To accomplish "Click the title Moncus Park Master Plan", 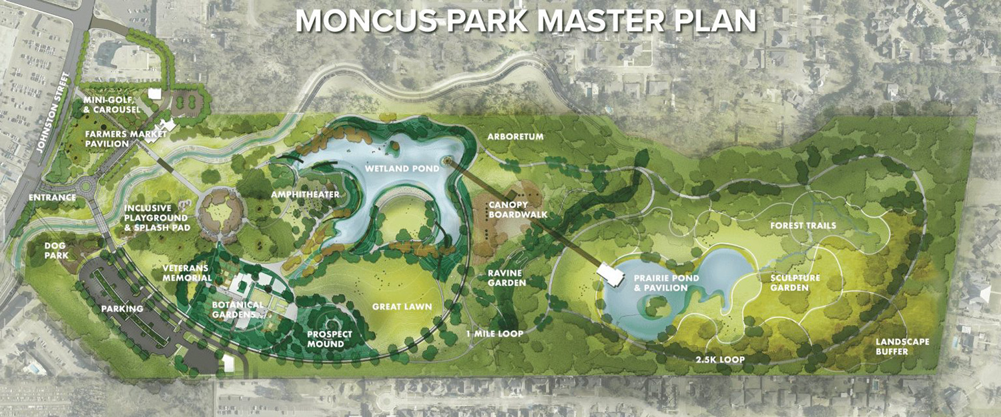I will point(526,21).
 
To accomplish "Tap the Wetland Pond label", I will point(402,169).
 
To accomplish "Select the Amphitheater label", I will point(306,194).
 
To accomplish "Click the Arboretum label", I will point(515,137).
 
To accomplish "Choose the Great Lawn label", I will point(402,306).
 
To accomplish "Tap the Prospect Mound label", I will point(329,339).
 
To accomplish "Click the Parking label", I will point(122,309).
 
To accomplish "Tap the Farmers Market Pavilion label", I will point(107,138).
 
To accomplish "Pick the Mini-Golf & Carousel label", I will point(111,105).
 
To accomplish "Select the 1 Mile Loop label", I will point(494,333).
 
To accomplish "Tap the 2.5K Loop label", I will point(719,360).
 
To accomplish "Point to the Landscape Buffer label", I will point(902,346).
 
